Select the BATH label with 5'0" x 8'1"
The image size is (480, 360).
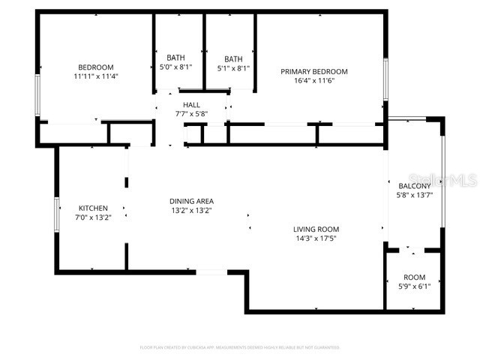175,58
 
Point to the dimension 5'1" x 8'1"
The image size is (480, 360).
233,68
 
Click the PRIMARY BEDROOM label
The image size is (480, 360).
314,71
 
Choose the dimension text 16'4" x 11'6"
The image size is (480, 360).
314,80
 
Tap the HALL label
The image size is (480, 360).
191,105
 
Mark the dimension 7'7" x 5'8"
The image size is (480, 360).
191,114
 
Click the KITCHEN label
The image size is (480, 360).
94,208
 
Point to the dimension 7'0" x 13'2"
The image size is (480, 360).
94,217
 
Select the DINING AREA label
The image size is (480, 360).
191,201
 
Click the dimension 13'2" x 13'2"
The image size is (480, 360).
191,211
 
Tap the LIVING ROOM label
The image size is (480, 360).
316,229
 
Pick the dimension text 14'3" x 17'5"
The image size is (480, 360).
316,239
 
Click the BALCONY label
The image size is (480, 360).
414,186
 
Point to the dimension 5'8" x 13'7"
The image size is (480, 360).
414,195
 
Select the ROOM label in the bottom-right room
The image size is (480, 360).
414,277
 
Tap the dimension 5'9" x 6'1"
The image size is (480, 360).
414,286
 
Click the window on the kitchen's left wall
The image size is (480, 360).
56,213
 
